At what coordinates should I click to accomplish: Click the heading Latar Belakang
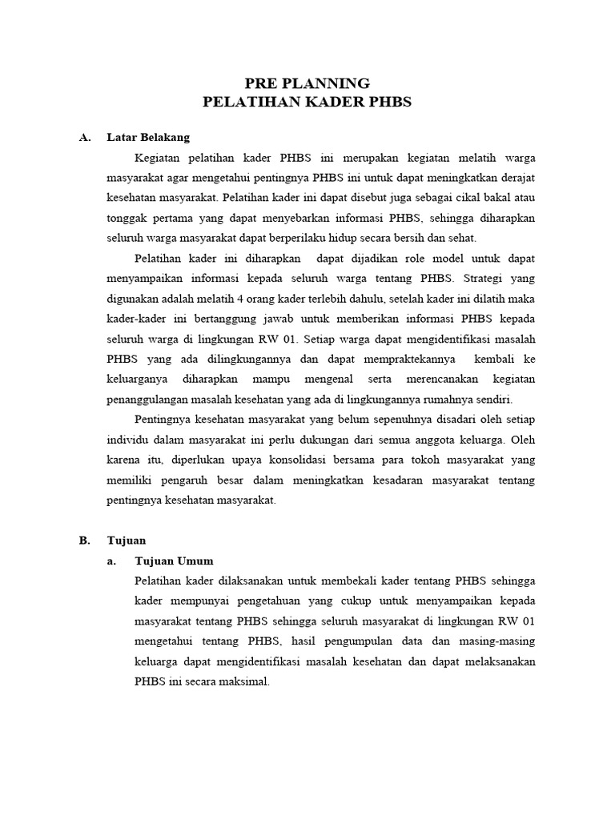coord(148,137)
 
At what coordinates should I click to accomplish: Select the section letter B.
coord(84,541)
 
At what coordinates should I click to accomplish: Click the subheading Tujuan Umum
coord(175,561)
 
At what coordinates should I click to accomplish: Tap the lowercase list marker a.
coord(111,561)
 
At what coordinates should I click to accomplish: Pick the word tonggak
coord(128,217)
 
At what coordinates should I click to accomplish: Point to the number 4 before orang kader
coord(250,299)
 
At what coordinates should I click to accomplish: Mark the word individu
coord(127,440)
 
